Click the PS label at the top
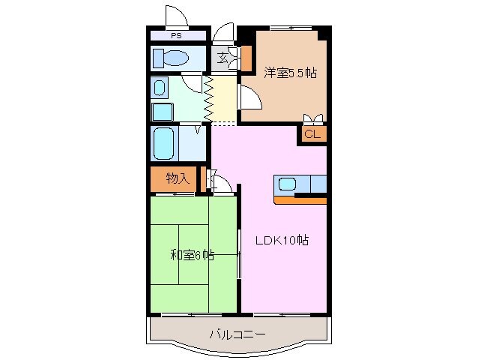tap(177, 35)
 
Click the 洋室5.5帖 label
tap(289, 73)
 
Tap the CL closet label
tap(313, 134)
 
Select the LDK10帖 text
tap(282, 241)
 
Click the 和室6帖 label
tap(192, 255)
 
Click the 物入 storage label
tap(176, 178)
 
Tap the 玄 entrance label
tap(224, 58)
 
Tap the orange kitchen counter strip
tap(300, 199)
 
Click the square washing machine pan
tap(163, 112)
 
